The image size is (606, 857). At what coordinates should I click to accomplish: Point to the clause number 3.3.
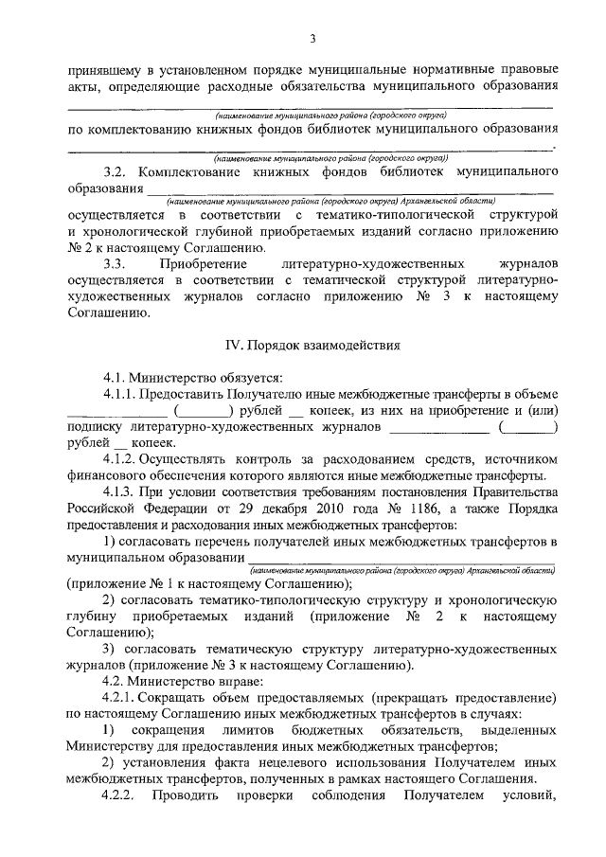pos(116,262)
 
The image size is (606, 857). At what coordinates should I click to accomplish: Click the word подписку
pos(99,427)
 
